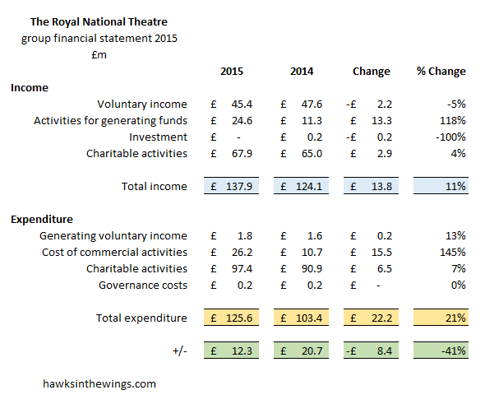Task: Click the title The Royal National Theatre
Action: tap(99, 22)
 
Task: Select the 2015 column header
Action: tap(232, 72)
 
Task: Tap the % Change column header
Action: tap(441, 72)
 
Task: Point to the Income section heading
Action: tap(30, 87)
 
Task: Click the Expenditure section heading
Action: tap(42, 219)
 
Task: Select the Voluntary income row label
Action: tap(142, 104)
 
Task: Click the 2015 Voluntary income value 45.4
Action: tap(242, 104)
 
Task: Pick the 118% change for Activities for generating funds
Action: tap(452, 120)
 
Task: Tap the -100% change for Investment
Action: tap(450, 137)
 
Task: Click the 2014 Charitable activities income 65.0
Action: tap(312, 154)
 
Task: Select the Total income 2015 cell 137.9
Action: tap(231, 186)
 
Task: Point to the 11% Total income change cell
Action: tap(441, 186)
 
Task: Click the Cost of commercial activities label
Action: tap(114, 253)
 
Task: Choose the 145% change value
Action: tap(452, 253)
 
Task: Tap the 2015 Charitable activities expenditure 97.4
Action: tap(242, 269)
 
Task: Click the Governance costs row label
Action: tap(143, 286)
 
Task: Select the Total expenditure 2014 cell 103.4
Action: tap(301, 318)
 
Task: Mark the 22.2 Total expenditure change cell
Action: tap(372, 318)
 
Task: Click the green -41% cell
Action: tap(441, 351)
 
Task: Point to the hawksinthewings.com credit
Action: tap(99, 384)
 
